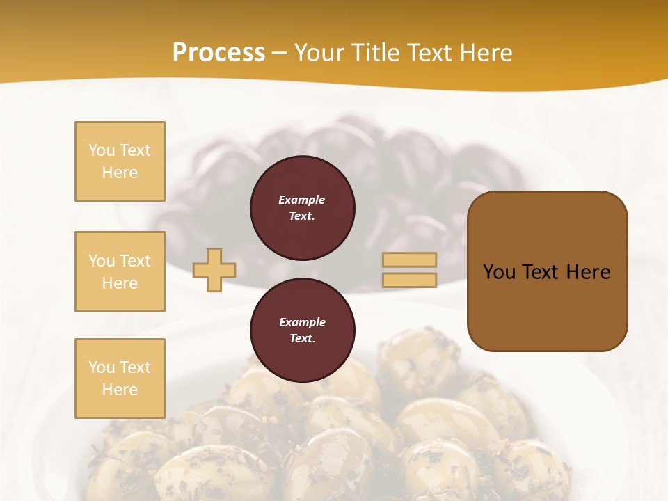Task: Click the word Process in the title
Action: pyautogui.click(x=218, y=53)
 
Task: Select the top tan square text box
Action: pyautogui.click(x=120, y=161)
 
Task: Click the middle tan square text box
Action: pyautogui.click(x=120, y=271)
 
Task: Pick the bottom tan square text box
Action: pyautogui.click(x=120, y=379)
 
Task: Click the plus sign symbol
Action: pyautogui.click(x=214, y=270)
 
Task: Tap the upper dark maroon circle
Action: pyautogui.click(x=302, y=208)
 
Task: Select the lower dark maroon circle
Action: pyautogui.click(x=302, y=331)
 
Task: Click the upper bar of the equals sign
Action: pyautogui.click(x=410, y=260)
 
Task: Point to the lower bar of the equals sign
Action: pyautogui.click(x=410, y=280)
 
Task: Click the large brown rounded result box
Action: pyautogui.click(x=547, y=271)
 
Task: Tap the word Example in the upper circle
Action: pyautogui.click(x=302, y=200)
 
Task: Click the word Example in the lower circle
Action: pyautogui.click(x=302, y=322)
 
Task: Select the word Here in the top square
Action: pyautogui.click(x=120, y=173)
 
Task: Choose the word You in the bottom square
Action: pyautogui.click(x=102, y=367)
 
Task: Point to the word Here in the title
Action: pyautogui.click(x=486, y=53)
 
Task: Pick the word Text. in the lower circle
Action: pyautogui.click(x=302, y=339)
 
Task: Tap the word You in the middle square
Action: pyautogui.click(x=102, y=261)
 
